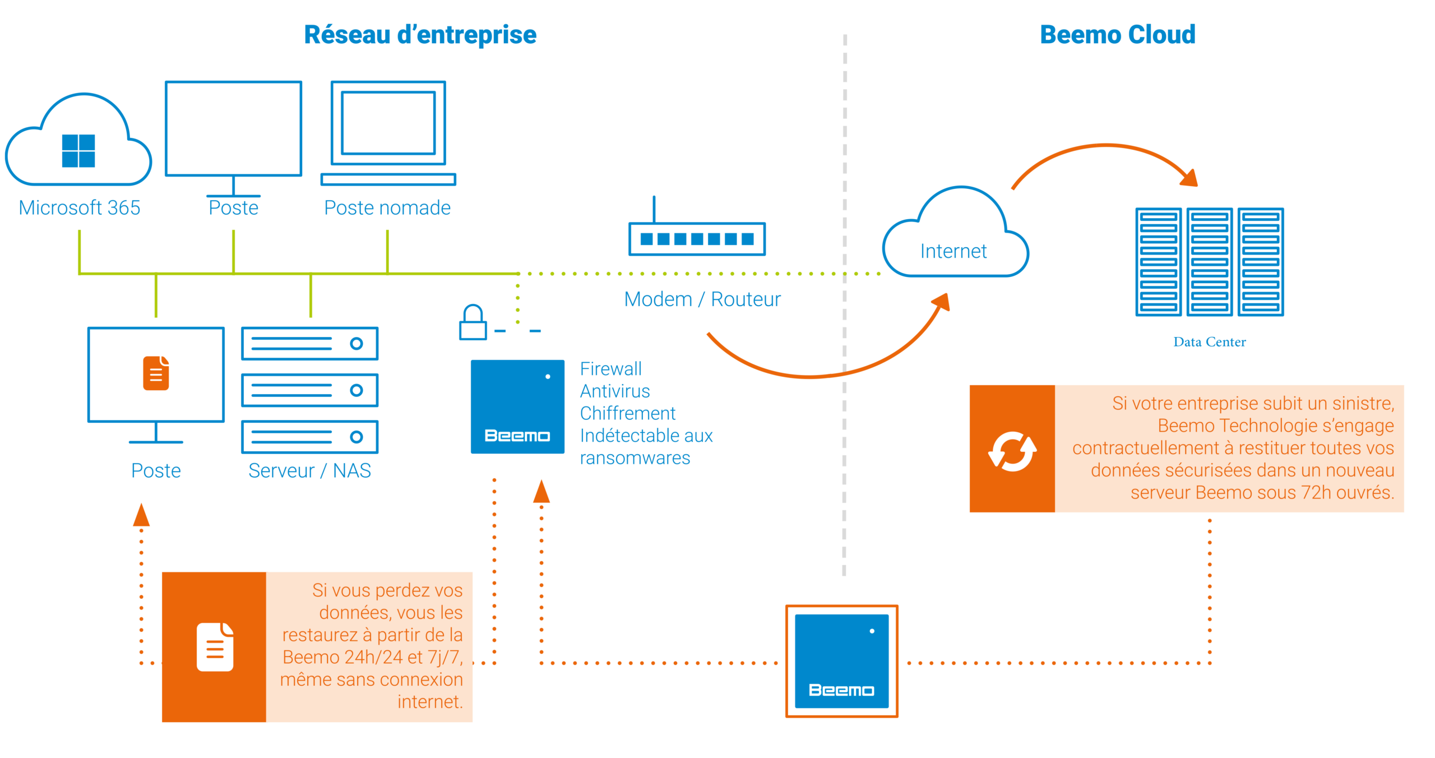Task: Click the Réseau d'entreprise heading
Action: coord(420,35)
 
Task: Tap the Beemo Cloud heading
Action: coord(1118,35)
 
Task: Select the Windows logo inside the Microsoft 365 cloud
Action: coord(78,151)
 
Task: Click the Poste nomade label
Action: coord(387,208)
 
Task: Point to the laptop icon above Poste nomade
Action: coord(388,132)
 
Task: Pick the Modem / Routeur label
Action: coord(702,299)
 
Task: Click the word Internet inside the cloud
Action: coord(953,251)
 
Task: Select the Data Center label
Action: coord(1210,341)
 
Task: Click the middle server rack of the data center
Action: coord(1210,262)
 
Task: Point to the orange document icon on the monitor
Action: coord(156,373)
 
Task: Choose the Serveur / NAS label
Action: coord(309,471)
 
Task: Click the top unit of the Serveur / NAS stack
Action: coord(309,343)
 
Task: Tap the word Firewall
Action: coord(610,369)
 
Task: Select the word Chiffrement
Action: coord(627,414)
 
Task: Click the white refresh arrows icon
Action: coord(1012,451)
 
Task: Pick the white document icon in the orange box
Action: coord(215,647)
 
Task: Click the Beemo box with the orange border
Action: coord(841,661)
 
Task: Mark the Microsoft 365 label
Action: coord(80,208)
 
